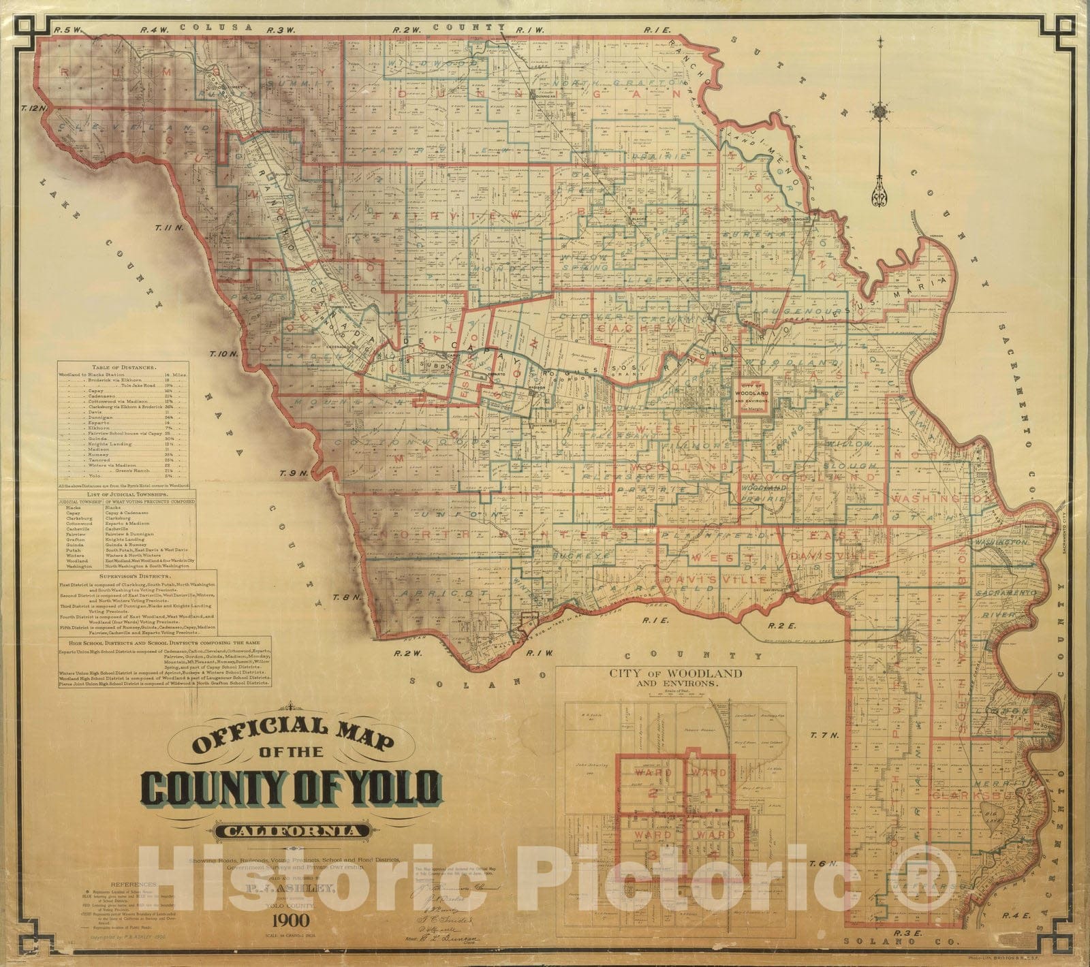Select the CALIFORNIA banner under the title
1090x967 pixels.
coord(294,831)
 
